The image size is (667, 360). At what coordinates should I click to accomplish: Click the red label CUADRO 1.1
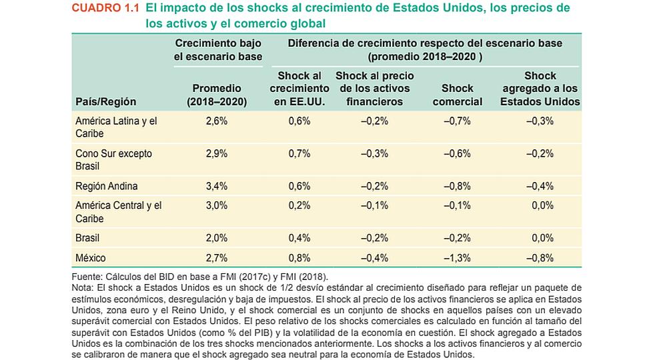105,8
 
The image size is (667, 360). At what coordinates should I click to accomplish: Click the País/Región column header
106,101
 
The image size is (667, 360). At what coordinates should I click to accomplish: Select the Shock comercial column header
458,95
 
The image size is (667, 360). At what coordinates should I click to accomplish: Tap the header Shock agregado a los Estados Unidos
540,89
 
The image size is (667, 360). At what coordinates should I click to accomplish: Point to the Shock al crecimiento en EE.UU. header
299,89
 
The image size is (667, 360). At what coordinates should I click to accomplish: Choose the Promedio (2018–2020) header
217,95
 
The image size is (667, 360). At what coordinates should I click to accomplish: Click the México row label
91,258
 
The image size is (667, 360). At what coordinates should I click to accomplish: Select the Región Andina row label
106,186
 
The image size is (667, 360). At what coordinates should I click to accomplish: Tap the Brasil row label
87,238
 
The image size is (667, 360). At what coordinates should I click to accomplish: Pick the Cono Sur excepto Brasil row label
113,160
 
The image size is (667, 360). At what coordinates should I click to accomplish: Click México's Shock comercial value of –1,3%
458,258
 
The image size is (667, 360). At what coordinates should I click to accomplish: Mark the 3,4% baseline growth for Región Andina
217,186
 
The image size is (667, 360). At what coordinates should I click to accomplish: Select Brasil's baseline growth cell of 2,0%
217,238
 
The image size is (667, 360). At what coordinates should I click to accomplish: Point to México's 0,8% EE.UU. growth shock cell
299,258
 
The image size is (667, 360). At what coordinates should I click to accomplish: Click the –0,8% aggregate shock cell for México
540,258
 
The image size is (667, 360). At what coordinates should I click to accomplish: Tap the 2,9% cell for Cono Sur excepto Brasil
217,153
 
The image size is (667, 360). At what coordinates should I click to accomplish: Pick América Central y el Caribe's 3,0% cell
217,206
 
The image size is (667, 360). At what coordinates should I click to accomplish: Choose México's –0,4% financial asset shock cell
374,258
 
